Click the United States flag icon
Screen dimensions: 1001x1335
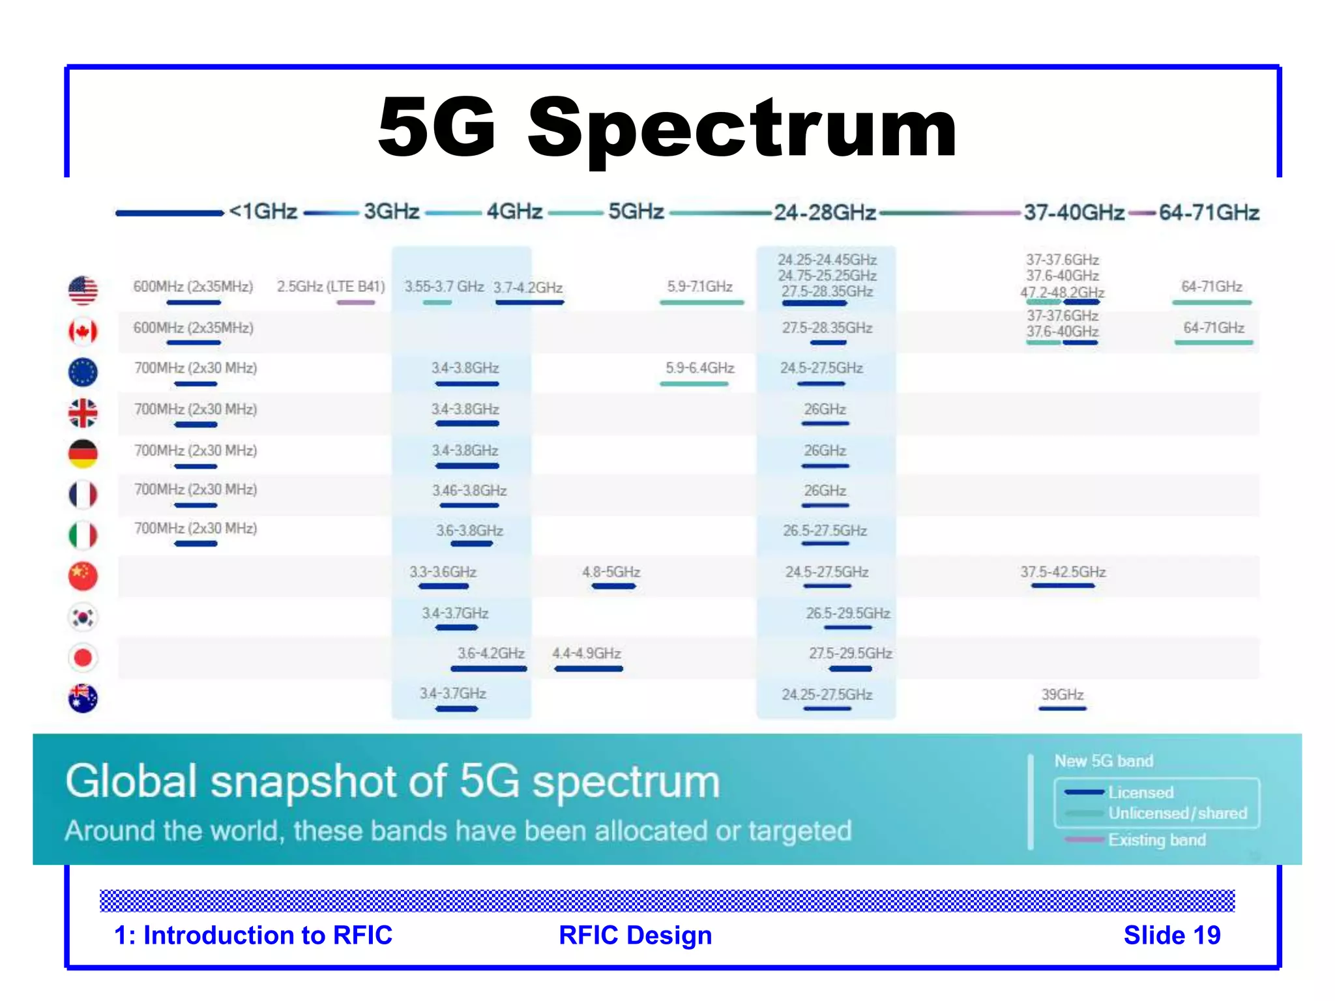pyautogui.click(x=83, y=291)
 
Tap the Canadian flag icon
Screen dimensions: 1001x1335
pyautogui.click(x=83, y=332)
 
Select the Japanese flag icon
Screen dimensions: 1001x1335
pyautogui.click(x=83, y=658)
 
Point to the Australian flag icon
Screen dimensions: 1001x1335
pyautogui.click(x=83, y=699)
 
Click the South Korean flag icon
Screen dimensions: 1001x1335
pyautogui.click(x=83, y=617)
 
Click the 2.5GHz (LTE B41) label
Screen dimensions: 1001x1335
pyautogui.click(x=330, y=287)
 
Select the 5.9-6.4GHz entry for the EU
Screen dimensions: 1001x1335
pyautogui.click(x=699, y=368)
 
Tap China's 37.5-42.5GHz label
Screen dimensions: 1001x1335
pyautogui.click(x=1063, y=572)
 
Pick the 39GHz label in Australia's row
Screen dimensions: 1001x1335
pyautogui.click(x=1062, y=695)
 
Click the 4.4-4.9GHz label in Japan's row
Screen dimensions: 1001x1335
pyautogui.click(x=586, y=654)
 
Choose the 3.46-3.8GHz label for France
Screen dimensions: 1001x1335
pyautogui.click(x=469, y=491)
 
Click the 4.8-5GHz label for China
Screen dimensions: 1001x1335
pyautogui.click(x=611, y=572)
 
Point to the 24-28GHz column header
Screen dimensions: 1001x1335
pyautogui.click(x=825, y=212)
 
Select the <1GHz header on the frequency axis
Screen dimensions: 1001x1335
pyautogui.click(x=263, y=212)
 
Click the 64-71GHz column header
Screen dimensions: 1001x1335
pyautogui.click(x=1209, y=212)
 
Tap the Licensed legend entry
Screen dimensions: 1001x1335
pyautogui.click(x=1141, y=792)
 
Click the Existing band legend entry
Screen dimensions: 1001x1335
pyautogui.click(x=1156, y=840)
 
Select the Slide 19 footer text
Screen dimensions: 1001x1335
pyautogui.click(x=1171, y=935)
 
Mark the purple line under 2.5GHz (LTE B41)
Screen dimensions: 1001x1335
pyautogui.click(x=355, y=302)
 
